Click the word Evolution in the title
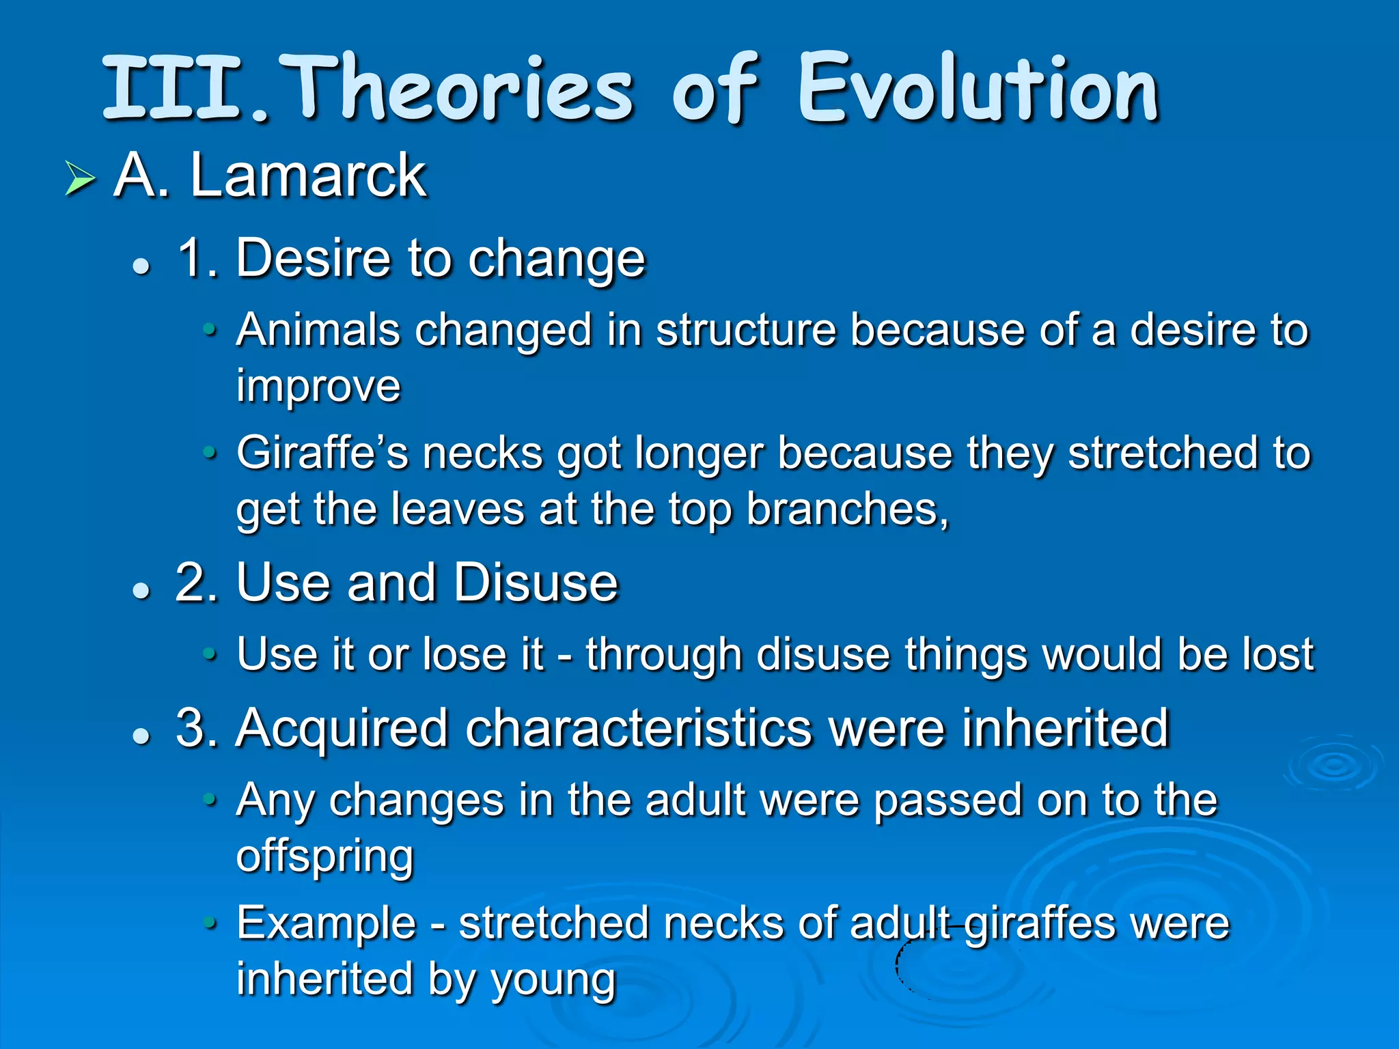coord(978,89)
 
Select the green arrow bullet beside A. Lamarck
coord(80,179)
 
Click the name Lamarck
coord(309,176)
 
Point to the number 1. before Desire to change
coord(197,258)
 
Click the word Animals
coord(318,331)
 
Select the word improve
coord(318,387)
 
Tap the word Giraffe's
coord(322,453)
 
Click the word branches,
coord(848,509)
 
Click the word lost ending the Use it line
coord(1277,654)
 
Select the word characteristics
coord(639,728)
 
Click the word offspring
coord(325,856)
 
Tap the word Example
coord(327,923)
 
